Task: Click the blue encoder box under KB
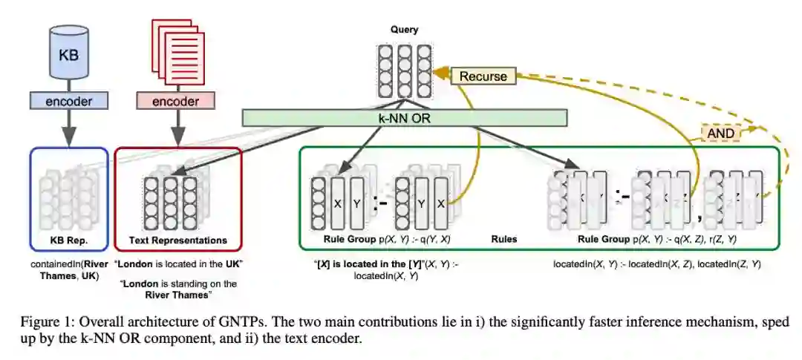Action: (x=68, y=99)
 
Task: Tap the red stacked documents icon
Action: (x=178, y=48)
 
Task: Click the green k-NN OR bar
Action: (x=405, y=117)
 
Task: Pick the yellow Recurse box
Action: (x=483, y=76)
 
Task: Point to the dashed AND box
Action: (x=720, y=132)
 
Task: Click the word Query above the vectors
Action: (x=405, y=30)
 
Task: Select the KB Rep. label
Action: (x=69, y=240)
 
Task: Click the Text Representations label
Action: (x=178, y=240)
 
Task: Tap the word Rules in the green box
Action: (x=504, y=240)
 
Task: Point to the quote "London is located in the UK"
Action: (x=179, y=264)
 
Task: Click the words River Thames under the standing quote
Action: (x=178, y=295)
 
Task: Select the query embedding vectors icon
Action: (x=405, y=71)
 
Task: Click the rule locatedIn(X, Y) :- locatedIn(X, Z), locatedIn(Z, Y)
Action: (x=657, y=264)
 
